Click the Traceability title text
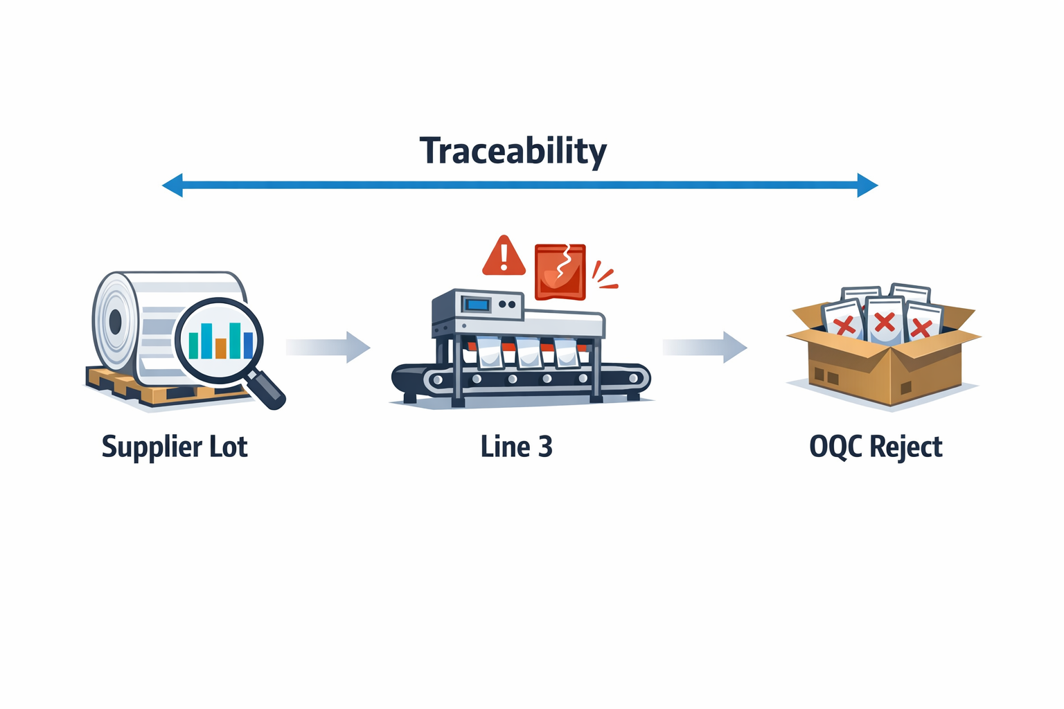pos(513,150)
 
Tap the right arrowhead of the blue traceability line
pos(867,185)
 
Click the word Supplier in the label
pos(144,447)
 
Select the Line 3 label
pos(516,447)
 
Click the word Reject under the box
pos(905,447)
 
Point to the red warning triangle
pos(504,256)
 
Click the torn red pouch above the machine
pos(560,271)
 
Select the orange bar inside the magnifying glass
pos(221,348)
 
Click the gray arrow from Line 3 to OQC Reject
pos(704,347)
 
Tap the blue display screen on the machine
pos(477,304)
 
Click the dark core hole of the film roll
pos(115,321)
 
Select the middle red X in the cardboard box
pos(884,322)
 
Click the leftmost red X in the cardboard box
pos(844,325)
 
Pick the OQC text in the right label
pos(835,447)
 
